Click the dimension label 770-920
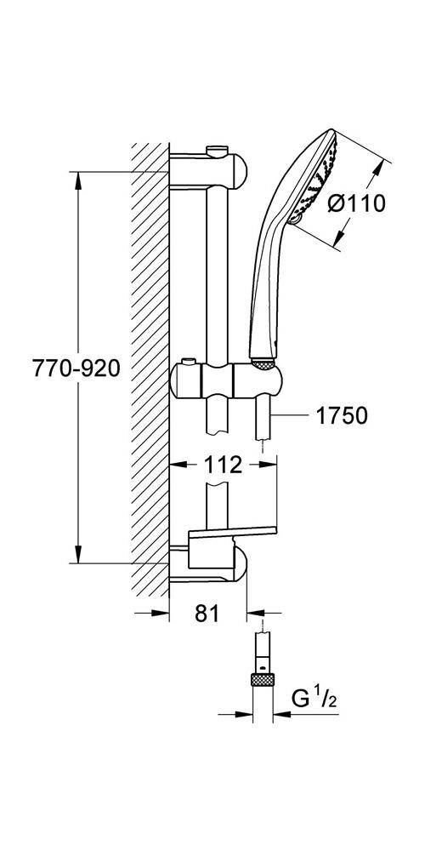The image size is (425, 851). tap(76, 369)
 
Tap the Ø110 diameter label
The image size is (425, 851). tap(358, 203)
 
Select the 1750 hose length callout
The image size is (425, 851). tap(342, 416)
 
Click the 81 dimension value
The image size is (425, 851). tap(207, 614)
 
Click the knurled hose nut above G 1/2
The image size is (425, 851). tap(263, 679)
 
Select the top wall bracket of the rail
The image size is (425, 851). tap(207, 170)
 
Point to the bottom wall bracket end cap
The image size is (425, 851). tap(240, 564)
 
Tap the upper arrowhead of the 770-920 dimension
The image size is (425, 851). tap(78, 180)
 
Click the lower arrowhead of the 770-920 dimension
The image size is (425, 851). tap(78, 554)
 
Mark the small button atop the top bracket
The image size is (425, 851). tap(217, 150)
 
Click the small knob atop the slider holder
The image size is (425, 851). tap(189, 362)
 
